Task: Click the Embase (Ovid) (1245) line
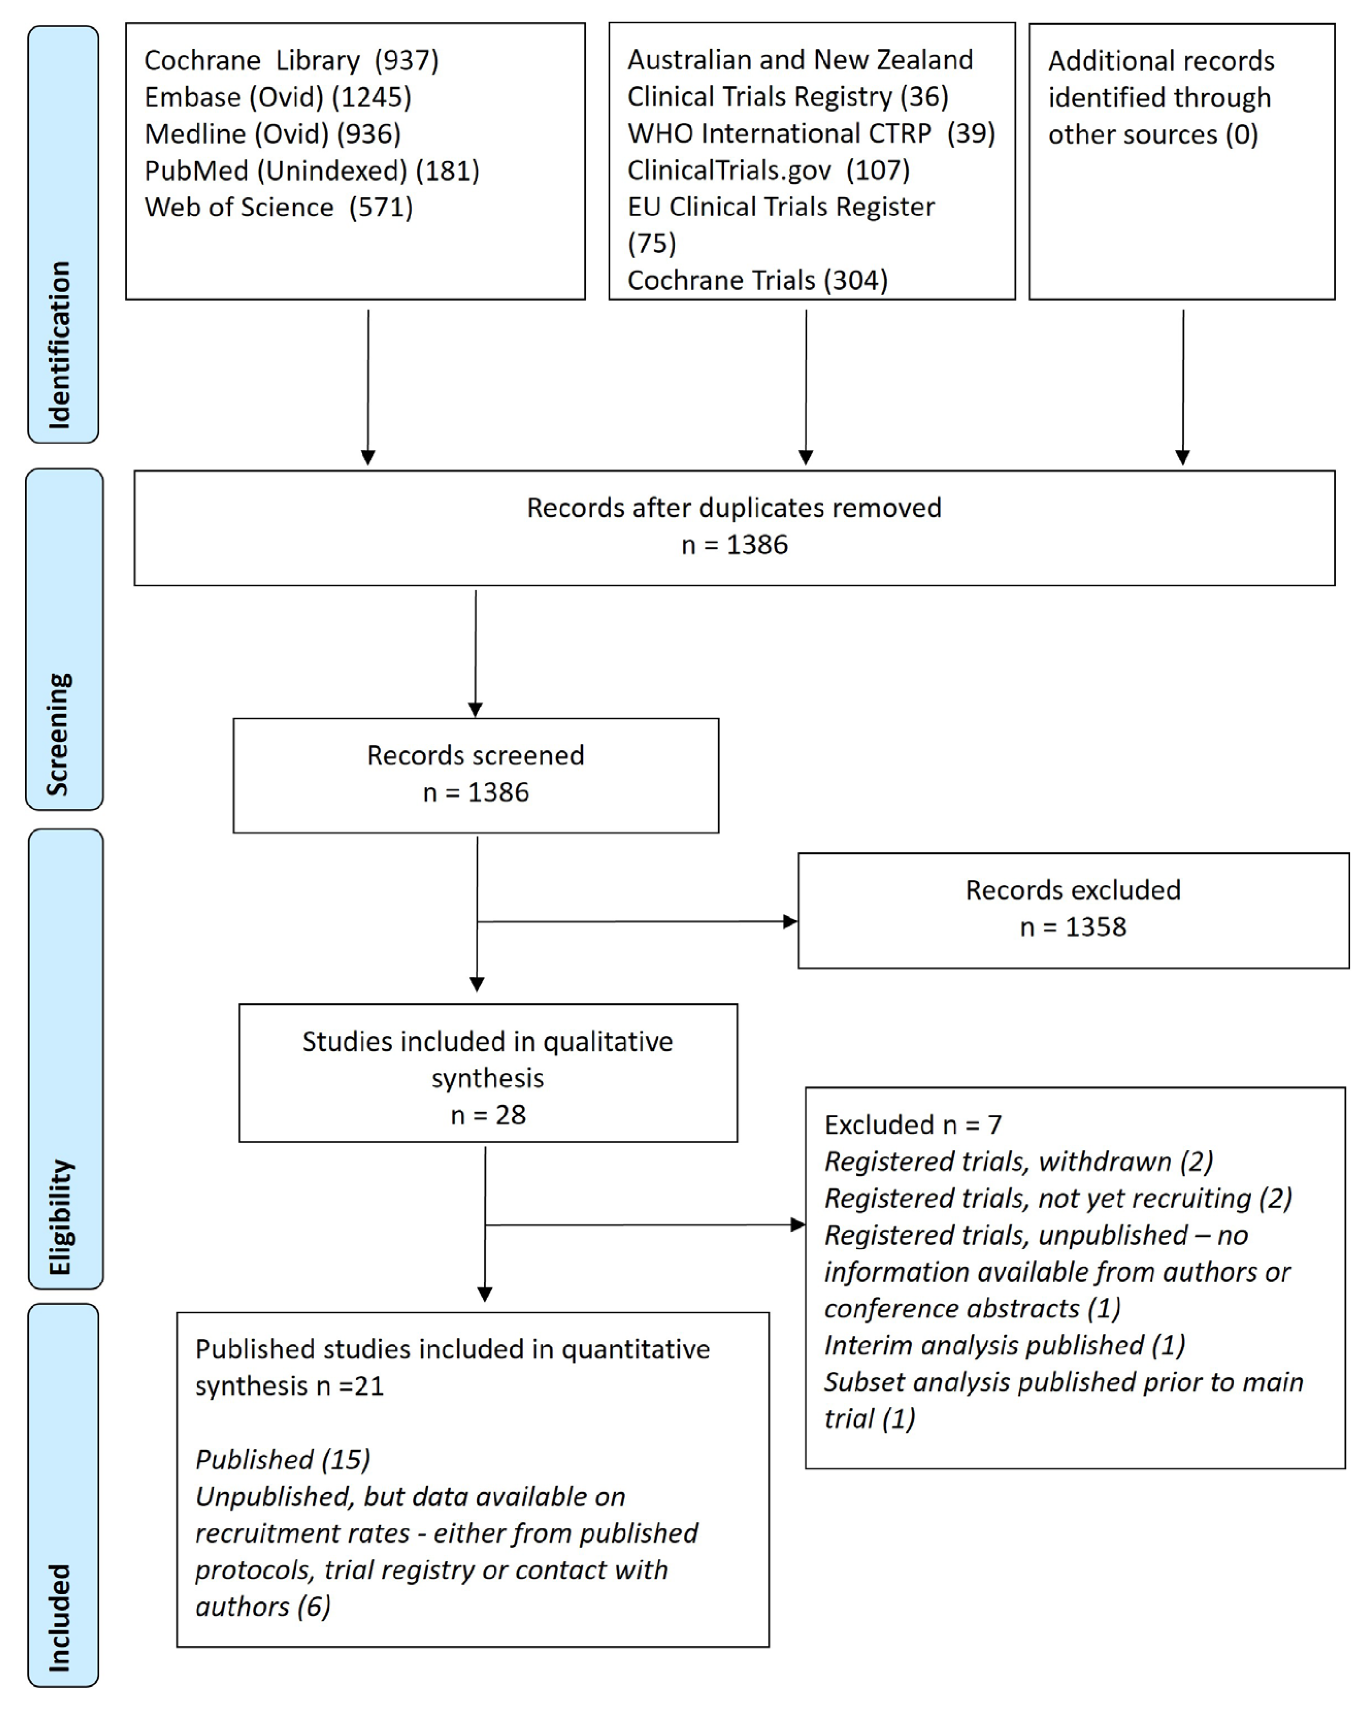(x=278, y=97)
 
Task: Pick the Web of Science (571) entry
(x=278, y=207)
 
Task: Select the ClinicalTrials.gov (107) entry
(x=768, y=170)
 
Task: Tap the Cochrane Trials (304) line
(x=757, y=280)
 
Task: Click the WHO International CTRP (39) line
(x=811, y=133)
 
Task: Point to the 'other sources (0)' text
(x=1153, y=134)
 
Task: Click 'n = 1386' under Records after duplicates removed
(x=734, y=544)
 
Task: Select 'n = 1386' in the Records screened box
(x=476, y=792)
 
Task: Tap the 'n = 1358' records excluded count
(x=1073, y=927)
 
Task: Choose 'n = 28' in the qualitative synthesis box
(x=488, y=1115)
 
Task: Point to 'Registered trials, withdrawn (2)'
(x=1019, y=1161)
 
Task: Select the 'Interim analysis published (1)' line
(x=1004, y=1345)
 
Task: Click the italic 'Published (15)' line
(x=283, y=1459)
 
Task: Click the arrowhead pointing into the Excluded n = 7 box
(x=798, y=1225)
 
